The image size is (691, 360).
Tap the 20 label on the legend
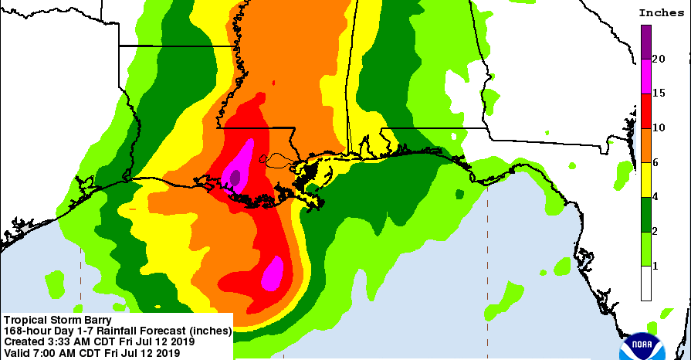[x=659, y=59]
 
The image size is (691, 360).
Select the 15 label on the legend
[x=659, y=93]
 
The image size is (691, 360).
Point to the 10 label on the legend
[x=659, y=127]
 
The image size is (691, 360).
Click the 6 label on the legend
[x=655, y=162]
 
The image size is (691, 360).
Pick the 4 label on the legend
[x=655, y=197]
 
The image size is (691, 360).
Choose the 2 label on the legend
[x=655, y=232]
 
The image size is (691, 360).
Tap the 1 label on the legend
[x=655, y=267]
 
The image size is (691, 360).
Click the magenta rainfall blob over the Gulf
[x=273, y=273]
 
